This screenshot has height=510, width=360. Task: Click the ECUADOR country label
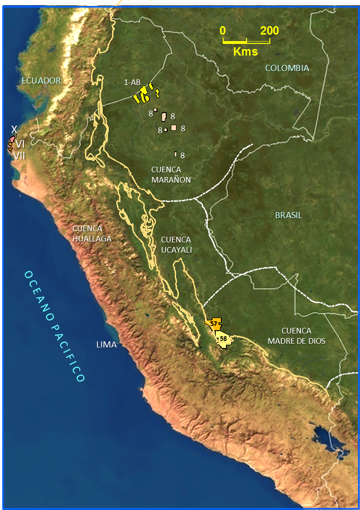pyautogui.click(x=41, y=81)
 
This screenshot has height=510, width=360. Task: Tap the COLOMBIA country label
pyautogui.click(x=287, y=68)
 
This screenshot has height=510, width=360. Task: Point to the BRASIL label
pyautogui.click(x=288, y=215)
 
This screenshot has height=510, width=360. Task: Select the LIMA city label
pyautogui.click(x=106, y=345)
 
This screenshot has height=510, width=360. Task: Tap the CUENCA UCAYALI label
pyautogui.click(x=176, y=245)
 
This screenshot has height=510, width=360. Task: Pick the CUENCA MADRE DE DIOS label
pyautogui.click(x=296, y=336)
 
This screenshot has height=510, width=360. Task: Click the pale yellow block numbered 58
pyautogui.click(x=223, y=339)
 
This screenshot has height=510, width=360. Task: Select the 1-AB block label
pyautogui.click(x=132, y=83)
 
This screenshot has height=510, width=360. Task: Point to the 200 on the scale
pyautogui.click(x=269, y=31)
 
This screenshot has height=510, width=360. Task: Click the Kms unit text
pyautogui.click(x=246, y=51)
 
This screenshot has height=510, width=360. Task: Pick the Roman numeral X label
pyautogui.click(x=14, y=129)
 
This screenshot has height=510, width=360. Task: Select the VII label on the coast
pyautogui.click(x=19, y=156)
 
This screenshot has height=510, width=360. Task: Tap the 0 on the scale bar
pyautogui.click(x=223, y=31)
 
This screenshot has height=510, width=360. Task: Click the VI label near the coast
pyautogui.click(x=20, y=145)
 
